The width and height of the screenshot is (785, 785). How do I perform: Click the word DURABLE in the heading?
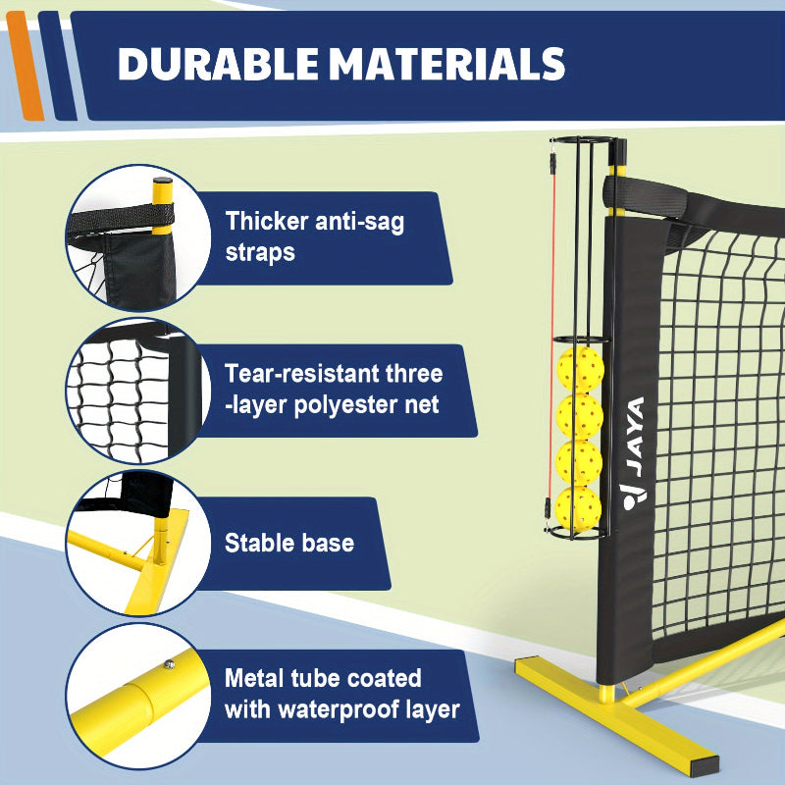pos(218,64)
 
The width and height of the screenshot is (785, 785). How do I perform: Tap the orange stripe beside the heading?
pos(25,66)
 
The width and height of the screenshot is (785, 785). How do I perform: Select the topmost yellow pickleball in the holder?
pos(581,369)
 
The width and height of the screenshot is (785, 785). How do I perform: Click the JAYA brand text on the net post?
pos(635,437)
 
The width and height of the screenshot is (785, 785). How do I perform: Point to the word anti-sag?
pos(359,222)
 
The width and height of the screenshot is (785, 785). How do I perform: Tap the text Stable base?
pos(289,543)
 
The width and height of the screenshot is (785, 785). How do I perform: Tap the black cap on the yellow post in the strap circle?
pos(163,181)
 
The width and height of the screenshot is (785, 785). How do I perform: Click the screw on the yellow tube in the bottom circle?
pos(170,664)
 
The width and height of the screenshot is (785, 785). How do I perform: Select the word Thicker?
pos(266,221)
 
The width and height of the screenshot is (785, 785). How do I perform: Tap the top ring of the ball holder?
pos(590,139)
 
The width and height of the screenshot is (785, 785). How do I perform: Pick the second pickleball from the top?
pos(580,416)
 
